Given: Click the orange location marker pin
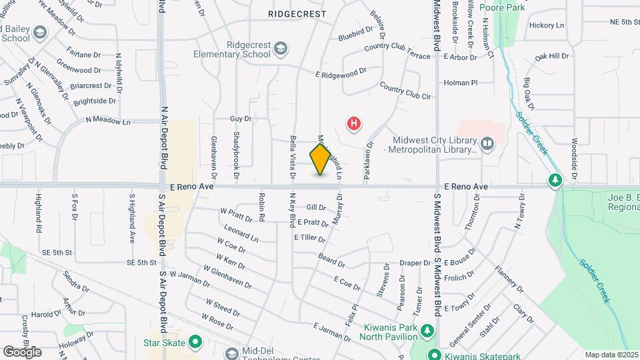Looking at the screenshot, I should click(321, 159).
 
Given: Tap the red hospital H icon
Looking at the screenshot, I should click(355, 123).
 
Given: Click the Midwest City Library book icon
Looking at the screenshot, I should click(488, 143).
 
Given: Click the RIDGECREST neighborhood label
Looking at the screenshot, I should click(297, 13).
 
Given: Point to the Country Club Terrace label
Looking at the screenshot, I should click(398, 51).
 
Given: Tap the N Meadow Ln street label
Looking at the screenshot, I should click(108, 121).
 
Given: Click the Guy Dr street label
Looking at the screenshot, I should click(240, 119).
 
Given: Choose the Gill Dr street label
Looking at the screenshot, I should click(316, 208).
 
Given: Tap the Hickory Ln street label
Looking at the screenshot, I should click(547, 25).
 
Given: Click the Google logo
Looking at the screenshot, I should click(22, 351).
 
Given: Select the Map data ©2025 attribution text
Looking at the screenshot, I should click(611, 355).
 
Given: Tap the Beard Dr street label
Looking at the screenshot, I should click(331, 257).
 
